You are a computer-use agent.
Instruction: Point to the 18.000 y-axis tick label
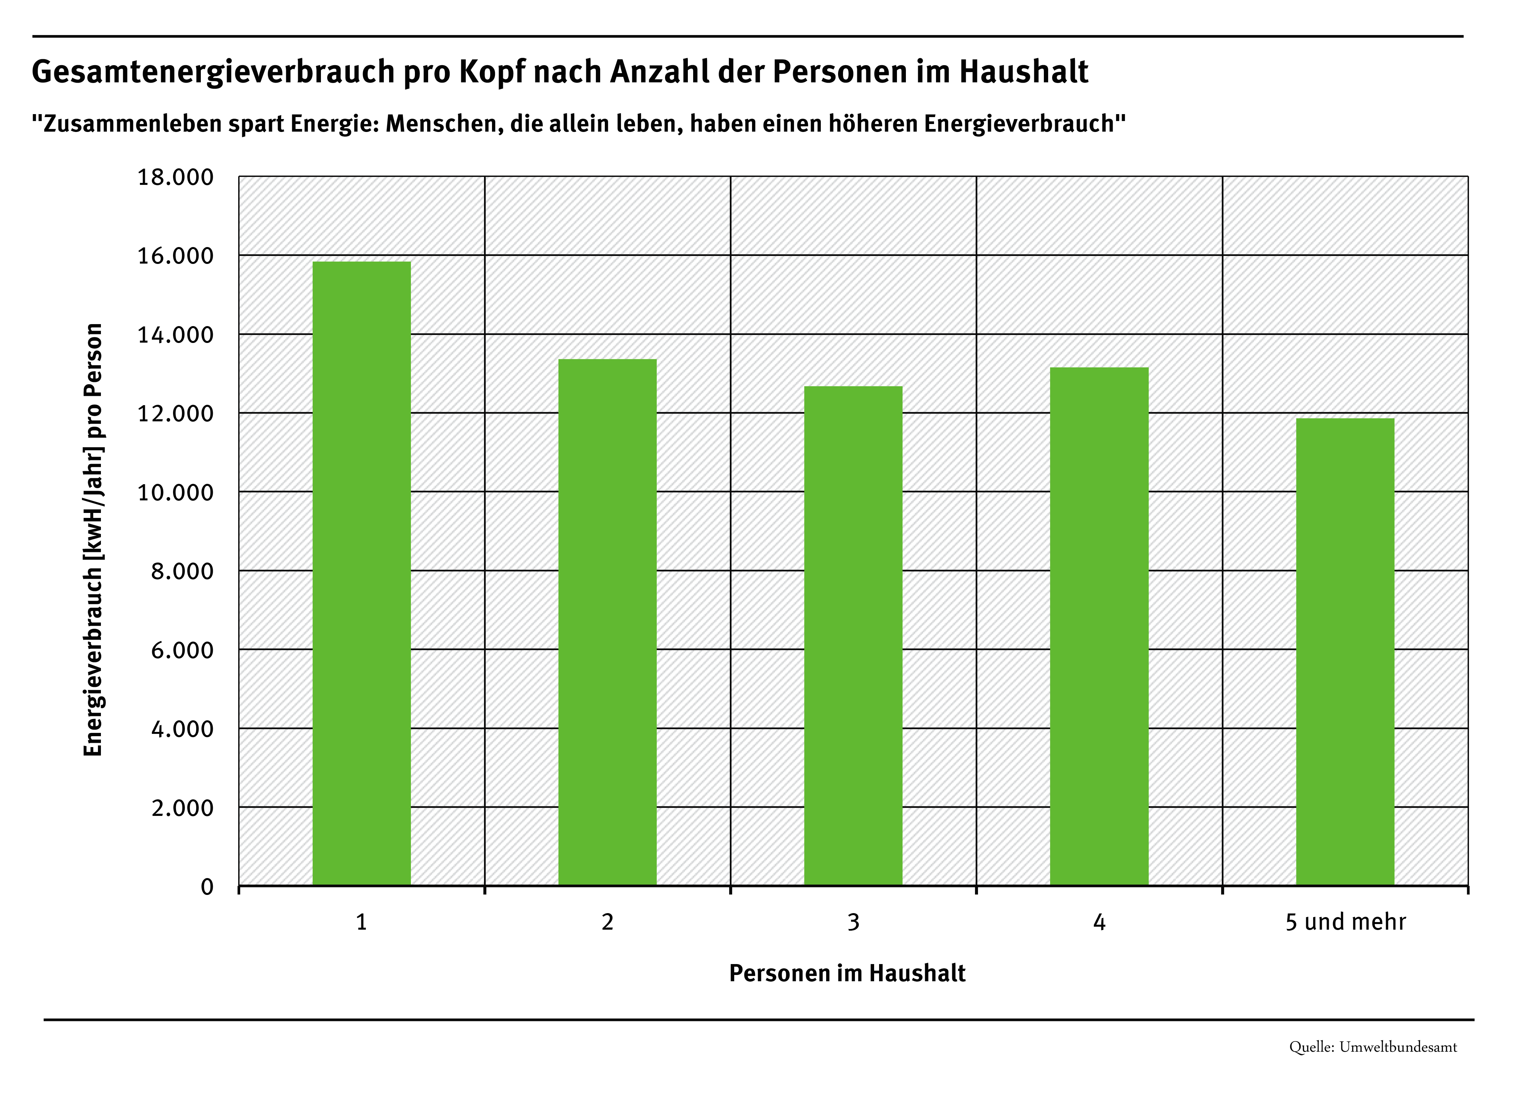[x=176, y=178]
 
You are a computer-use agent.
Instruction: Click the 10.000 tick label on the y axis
[x=176, y=492]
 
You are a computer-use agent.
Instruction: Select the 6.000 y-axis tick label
[x=182, y=650]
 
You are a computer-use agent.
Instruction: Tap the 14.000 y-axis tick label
[x=176, y=335]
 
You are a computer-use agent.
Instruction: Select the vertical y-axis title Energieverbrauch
[x=93, y=539]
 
